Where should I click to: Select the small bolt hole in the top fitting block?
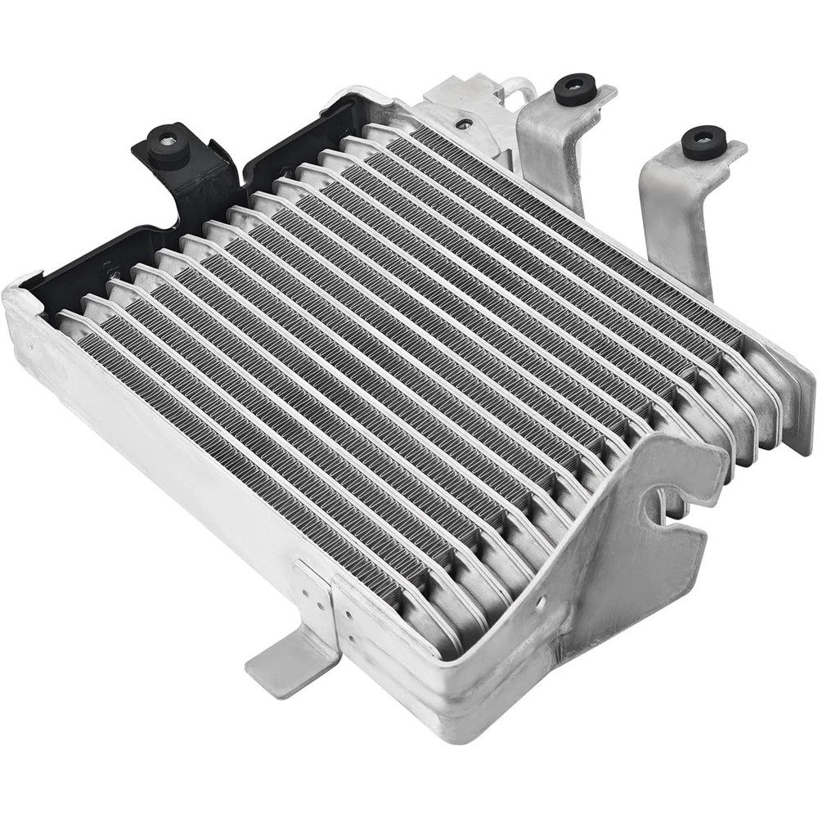(465, 125)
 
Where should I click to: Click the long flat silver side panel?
(147, 458)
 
